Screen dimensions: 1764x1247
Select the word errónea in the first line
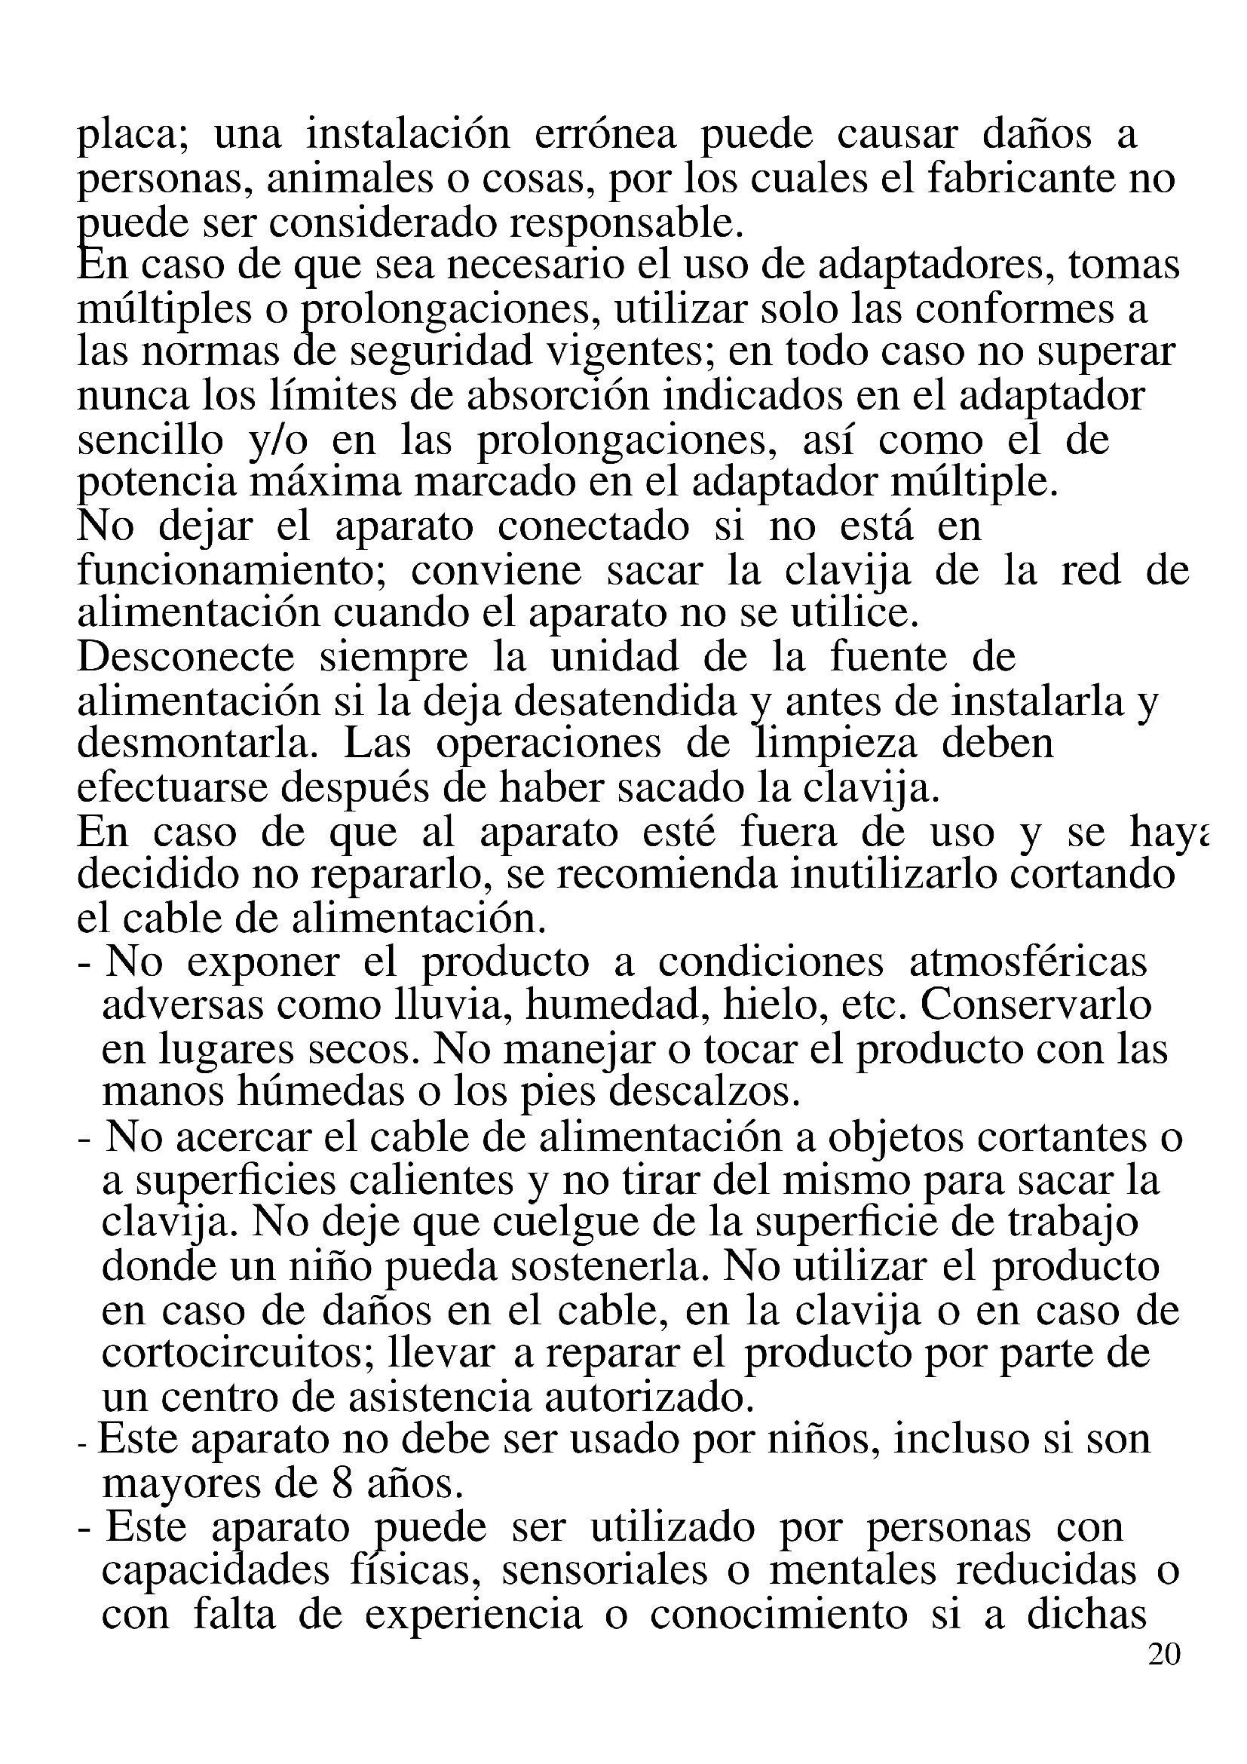pyautogui.click(x=605, y=135)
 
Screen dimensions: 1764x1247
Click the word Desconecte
pyautogui.click(x=185, y=658)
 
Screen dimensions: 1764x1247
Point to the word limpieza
pyautogui.click(x=835, y=744)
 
